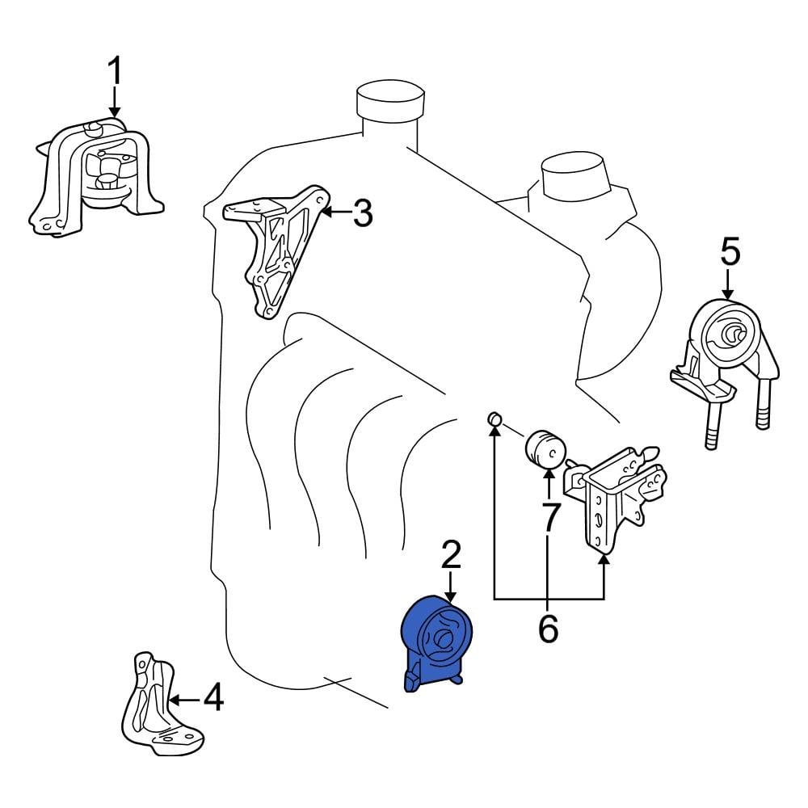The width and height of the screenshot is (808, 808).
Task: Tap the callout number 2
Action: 451,555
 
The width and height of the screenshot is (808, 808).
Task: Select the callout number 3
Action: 363,213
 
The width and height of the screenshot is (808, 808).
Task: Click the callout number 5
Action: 730,251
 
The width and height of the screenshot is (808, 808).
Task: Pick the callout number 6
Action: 548,628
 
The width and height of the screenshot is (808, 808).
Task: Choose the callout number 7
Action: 549,517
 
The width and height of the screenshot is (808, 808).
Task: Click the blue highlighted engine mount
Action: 436,643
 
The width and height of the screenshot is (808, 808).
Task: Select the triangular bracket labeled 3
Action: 276,251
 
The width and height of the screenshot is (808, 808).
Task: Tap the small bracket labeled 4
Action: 162,704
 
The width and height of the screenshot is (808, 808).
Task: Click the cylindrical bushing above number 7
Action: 545,448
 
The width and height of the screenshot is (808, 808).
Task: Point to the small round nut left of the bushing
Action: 494,419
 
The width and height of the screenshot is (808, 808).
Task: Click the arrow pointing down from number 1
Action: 115,102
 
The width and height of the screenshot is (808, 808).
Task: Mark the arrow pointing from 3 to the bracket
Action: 336,211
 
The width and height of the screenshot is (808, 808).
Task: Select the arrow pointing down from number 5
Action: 728,284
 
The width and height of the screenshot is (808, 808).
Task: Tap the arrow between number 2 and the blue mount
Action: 451,587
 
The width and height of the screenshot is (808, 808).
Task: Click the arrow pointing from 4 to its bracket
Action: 186,700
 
